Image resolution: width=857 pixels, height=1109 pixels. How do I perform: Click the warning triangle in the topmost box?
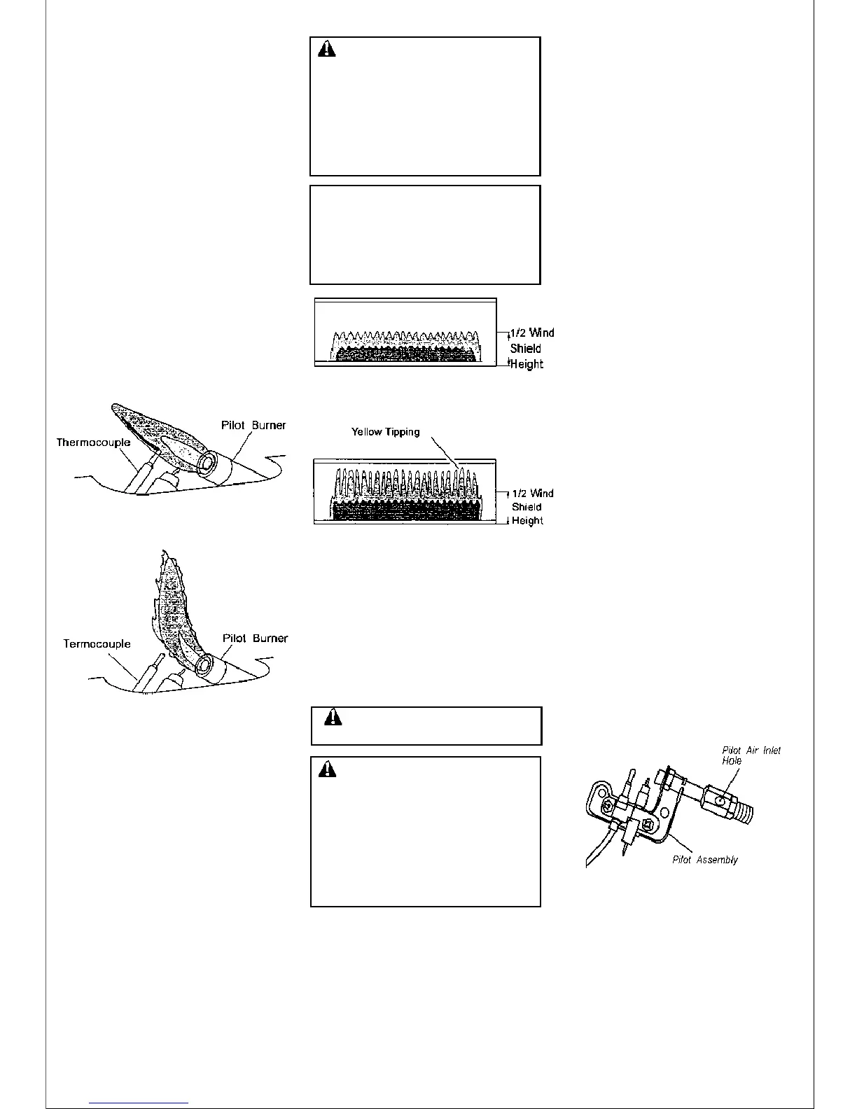tap(327, 50)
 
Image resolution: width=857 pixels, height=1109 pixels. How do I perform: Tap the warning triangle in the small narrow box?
tap(333, 719)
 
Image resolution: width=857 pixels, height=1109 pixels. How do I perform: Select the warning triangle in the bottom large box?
tap(327, 770)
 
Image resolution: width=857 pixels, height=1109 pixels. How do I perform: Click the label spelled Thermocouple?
tap(93, 442)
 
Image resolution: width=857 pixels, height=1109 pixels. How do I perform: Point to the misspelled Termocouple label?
tap(97, 644)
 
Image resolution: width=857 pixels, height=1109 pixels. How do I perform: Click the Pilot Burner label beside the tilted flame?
tap(253, 425)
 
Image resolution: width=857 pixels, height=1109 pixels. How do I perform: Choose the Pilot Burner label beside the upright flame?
tap(255, 639)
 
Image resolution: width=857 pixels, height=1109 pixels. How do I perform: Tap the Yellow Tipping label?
tap(385, 432)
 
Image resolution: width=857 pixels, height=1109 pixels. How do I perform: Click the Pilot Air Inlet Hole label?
tap(751, 755)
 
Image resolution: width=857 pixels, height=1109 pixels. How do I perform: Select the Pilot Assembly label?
tap(704, 860)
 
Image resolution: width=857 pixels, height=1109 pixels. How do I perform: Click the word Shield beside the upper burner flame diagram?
tap(525, 349)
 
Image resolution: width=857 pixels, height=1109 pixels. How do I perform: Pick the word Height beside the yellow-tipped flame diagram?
tap(527, 521)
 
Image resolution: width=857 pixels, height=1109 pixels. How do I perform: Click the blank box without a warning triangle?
tap(425, 235)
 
